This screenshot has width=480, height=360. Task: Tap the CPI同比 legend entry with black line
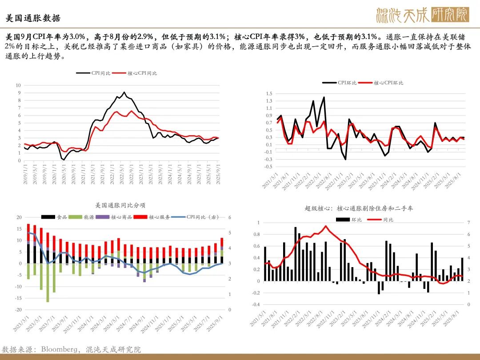pyautogui.click(x=93, y=73)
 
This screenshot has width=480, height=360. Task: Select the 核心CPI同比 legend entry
pyautogui.click(x=136, y=73)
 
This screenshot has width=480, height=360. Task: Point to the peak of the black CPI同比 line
pyautogui.click(x=124, y=92)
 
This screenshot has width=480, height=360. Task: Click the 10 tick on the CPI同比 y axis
pyautogui.click(x=18, y=85)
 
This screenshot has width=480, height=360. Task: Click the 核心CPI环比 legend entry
pyautogui.click(x=382, y=83)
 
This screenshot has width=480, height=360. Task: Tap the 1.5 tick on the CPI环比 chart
pyautogui.click(x=268, y=93)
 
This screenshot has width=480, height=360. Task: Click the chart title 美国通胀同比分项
pyautogui.click(x=120, y=205)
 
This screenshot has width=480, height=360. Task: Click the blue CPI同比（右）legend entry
pyautogui.click(x=195, y=217)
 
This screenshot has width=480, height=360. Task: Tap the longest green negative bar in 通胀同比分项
pyautogui.click(x=48, y=283)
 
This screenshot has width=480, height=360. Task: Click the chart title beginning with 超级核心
pyautogui.click(x=359, y=208)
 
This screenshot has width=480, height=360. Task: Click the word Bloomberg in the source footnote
pyautogui.click(x=59, y=350)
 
